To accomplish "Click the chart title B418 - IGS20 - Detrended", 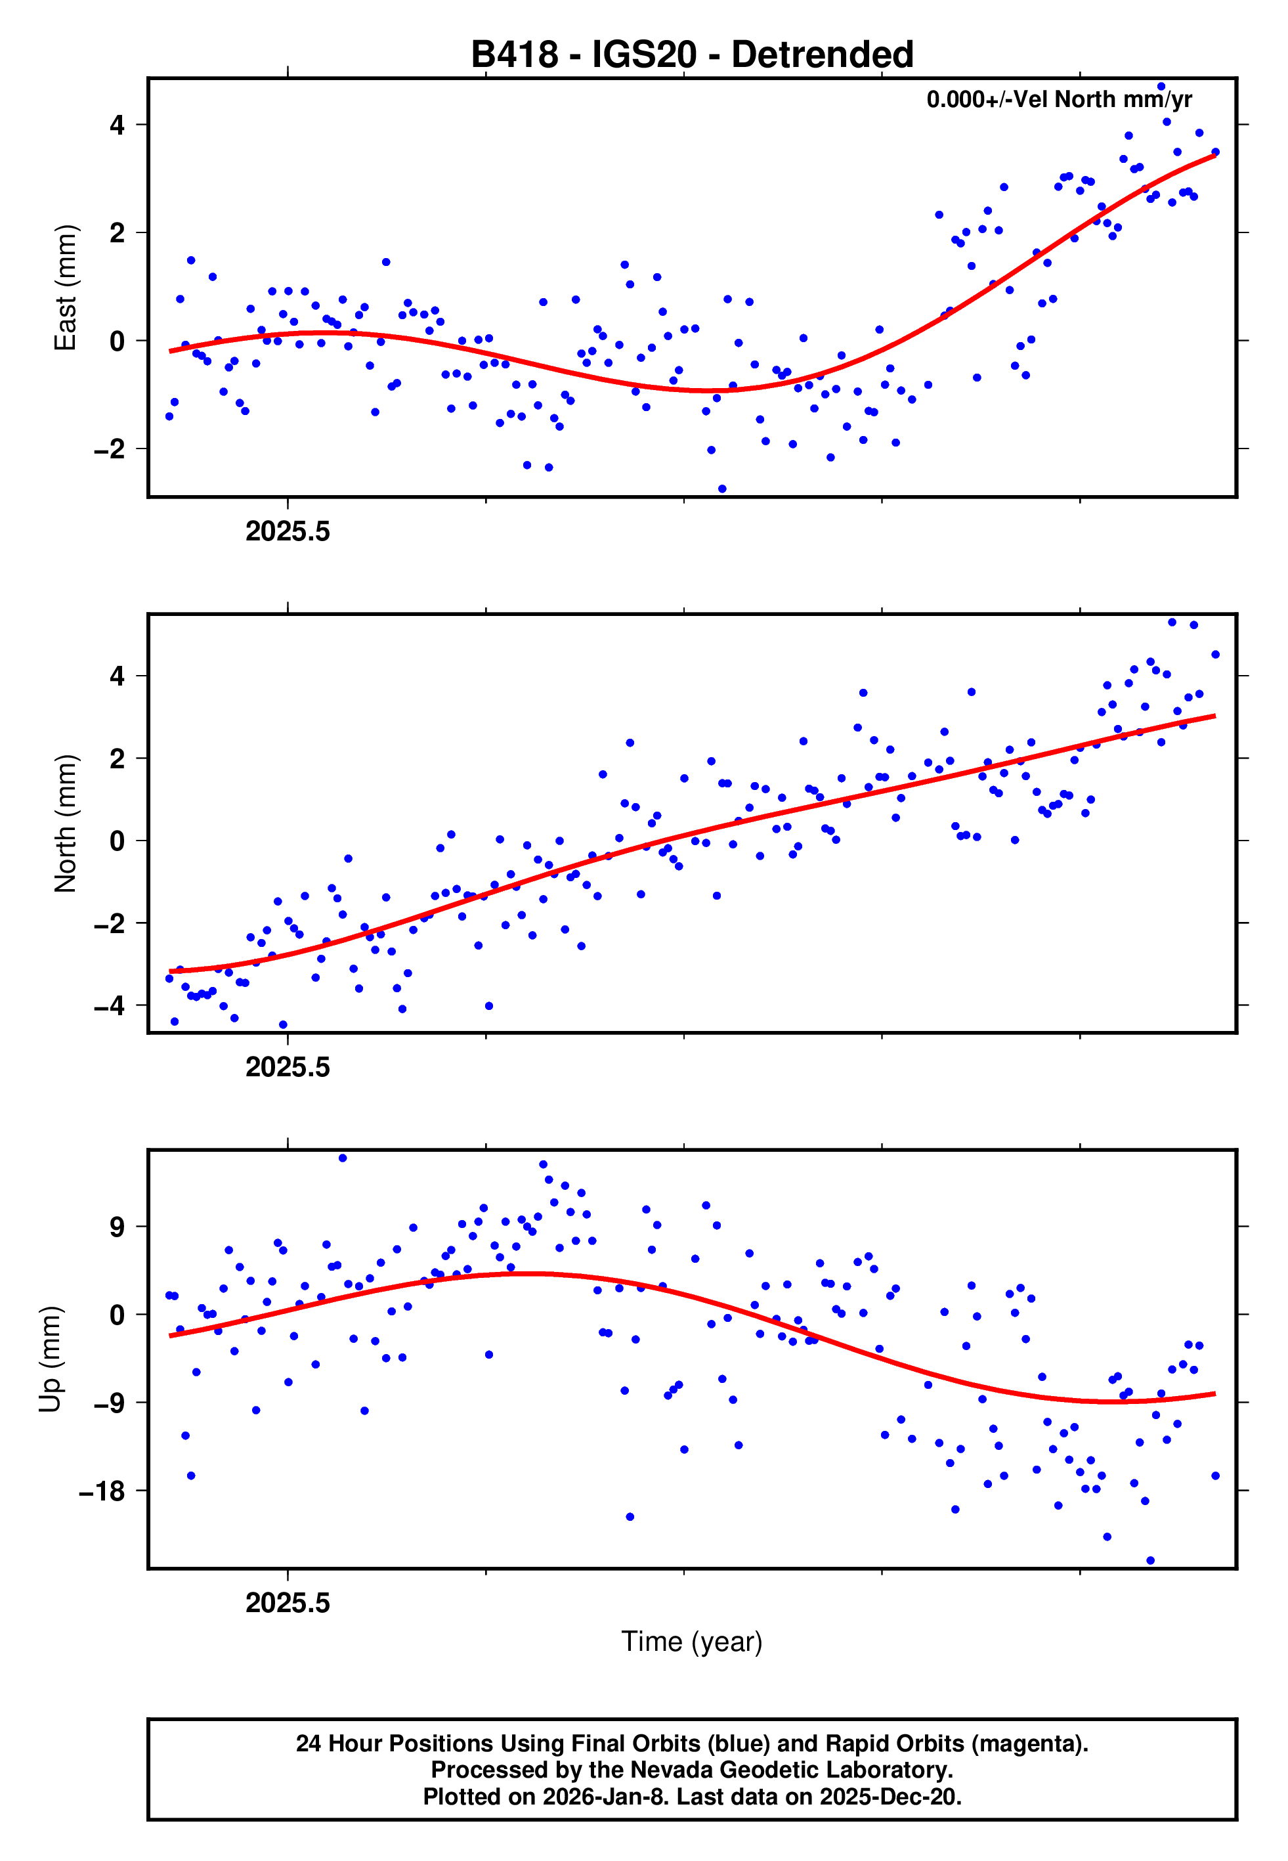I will [x=692, y=55].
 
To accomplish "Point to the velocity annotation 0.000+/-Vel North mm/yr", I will [x=1059, y=99].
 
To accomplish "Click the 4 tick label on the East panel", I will [x=118, y=125].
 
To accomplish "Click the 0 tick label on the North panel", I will [x=118, y=841].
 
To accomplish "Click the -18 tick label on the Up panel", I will [x=102, y=1491].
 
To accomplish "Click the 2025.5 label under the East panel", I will [x=288, y=532].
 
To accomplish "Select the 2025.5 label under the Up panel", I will [x=288, y=1603].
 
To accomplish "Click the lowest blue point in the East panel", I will [x=722, y=489].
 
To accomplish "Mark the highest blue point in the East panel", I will [x=1161, y=86].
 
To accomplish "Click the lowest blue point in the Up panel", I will [x=1151, y=1561].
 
